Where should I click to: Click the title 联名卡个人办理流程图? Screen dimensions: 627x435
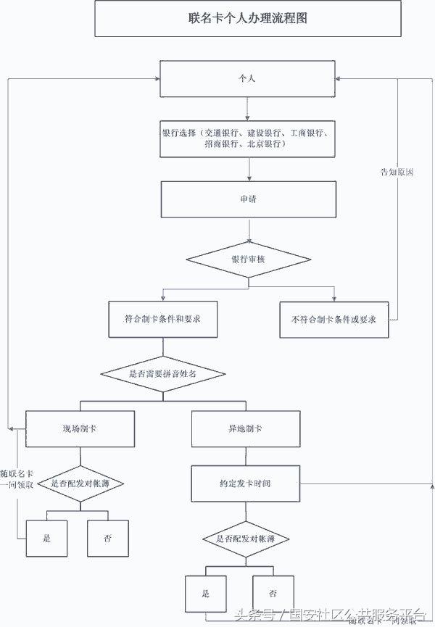coord(248,18)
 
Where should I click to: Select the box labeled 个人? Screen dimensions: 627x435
coord(248,78)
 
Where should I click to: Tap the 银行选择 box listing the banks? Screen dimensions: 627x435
coord(248,138)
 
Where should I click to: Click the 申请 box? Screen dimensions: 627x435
coord(248,199)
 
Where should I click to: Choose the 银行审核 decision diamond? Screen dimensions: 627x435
coord(248,259)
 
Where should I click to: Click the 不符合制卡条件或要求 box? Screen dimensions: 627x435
coord(333,319)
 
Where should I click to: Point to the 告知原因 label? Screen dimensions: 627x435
coord(397,173)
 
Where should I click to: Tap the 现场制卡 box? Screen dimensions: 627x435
coord(80,428)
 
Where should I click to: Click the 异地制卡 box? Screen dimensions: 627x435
coord(245,428)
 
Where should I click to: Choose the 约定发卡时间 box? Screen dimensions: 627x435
coord(245,483)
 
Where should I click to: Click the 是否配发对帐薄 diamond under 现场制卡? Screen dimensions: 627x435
coord(80,483)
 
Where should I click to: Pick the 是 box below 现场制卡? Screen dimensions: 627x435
coord(46,539)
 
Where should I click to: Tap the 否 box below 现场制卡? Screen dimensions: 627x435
coord(107,539)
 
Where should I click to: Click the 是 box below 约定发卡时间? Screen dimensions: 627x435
coord(206,594)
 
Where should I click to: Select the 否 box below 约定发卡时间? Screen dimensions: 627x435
coord(273,594)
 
